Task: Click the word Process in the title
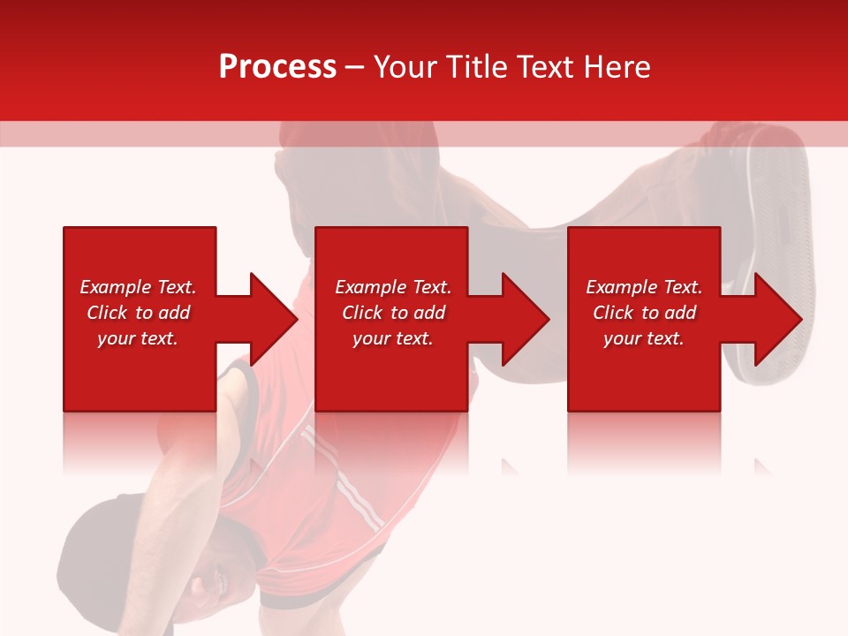(x=277, y=67)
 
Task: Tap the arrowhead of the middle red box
(x=525, y=319)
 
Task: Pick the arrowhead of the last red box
(x=777, y=319)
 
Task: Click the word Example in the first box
(x=115, y=287)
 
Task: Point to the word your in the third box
(x=622, y=338)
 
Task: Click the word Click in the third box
(x=614, y=313)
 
